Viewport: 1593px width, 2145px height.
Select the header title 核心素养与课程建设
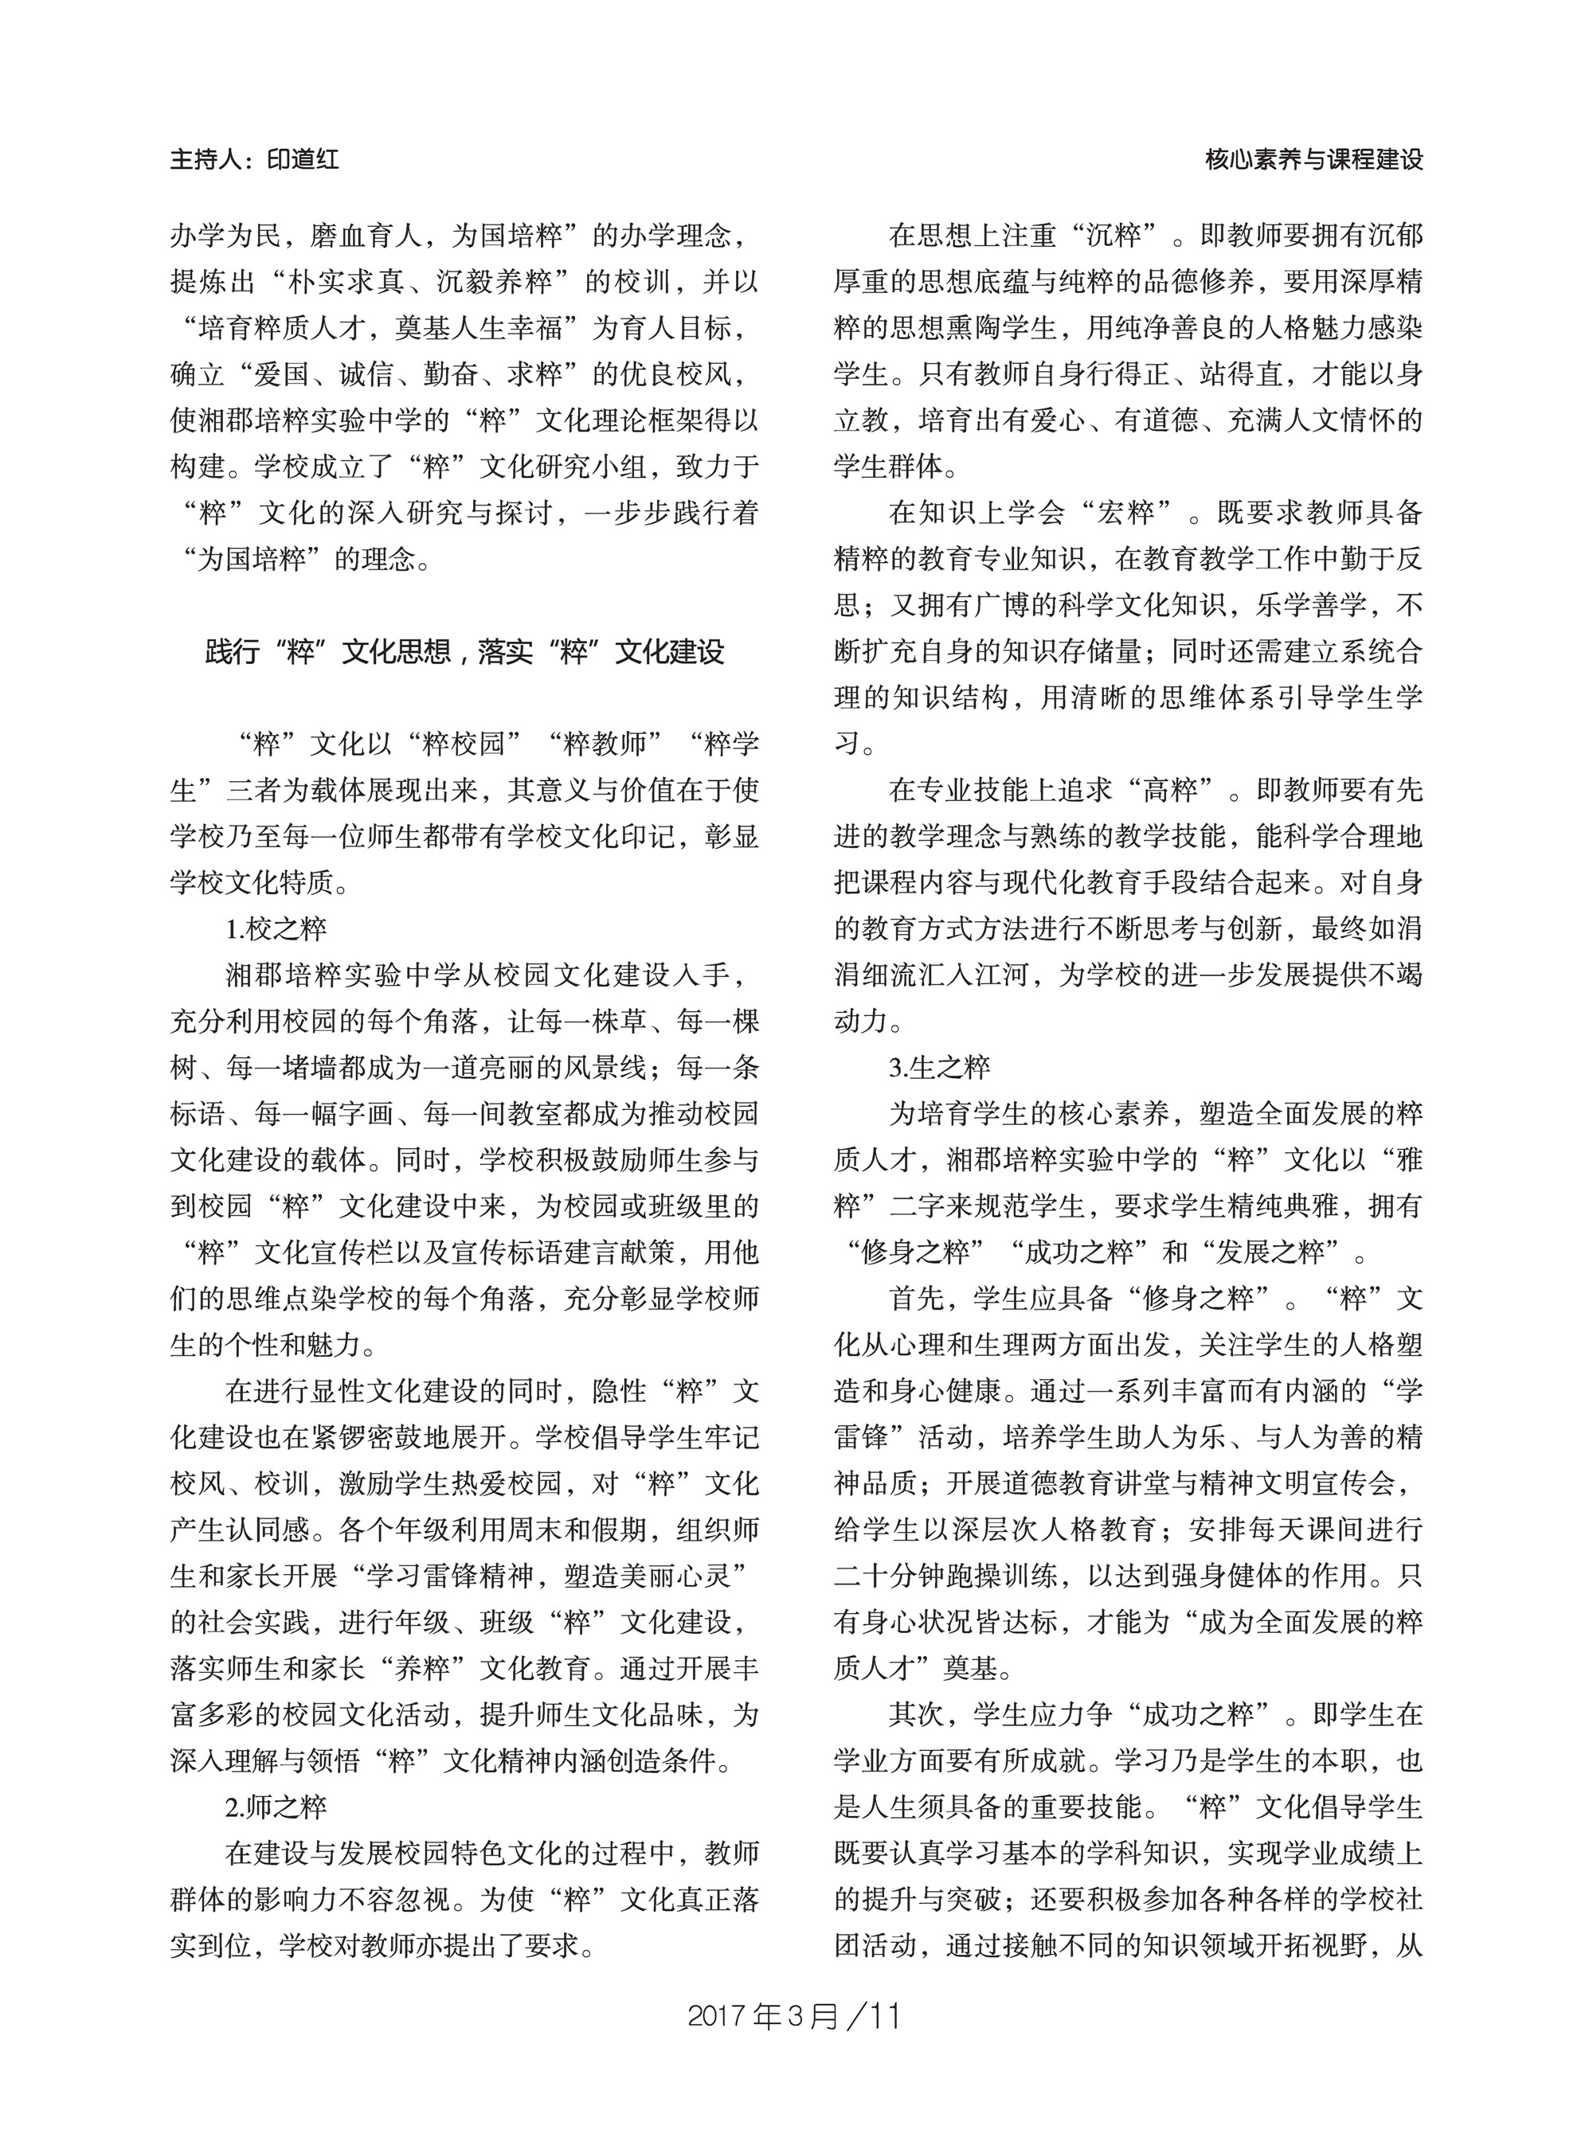(x=1313, y=159)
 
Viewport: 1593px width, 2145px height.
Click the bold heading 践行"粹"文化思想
(x=328, y=653)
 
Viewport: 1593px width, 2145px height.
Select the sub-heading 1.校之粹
(x=276, y=929)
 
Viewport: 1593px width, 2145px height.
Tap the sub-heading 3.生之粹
(x=940, y=1067)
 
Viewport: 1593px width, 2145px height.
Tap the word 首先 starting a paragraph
(x=917, y=1299)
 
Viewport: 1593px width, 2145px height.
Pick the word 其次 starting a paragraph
(x=917, y=1714)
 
